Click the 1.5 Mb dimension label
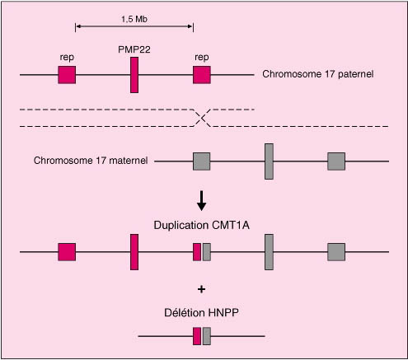click(x=134, y=19)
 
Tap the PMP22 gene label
click(x=134, y=49)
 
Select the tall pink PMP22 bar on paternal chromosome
click(x=134, y=75)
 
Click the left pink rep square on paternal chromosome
click(x=67, y=75)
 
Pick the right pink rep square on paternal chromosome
click(x=202, y=75)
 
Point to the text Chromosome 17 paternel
click(x=318, y=74)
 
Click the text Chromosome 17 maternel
click(x=91, y=160)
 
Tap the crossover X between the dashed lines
click(x=203, y=118)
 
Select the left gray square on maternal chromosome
click(x=201, y=161)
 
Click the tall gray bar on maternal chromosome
click(x=269, y=161)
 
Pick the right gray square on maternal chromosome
click(x=336, y=161)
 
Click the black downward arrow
click(x=202, y=201)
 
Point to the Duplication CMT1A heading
click(x=202, y=225)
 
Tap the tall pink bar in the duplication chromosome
click(x=134, y=252)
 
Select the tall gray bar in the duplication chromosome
click(x=269, y=252)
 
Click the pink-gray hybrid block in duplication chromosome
click(x=202, y=252)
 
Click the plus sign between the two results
click(x=201, y=289)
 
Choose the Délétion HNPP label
click(x=201, y=313)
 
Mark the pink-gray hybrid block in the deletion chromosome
click(x=202, y=336)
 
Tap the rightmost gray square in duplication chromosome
click(x=336, y=252)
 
